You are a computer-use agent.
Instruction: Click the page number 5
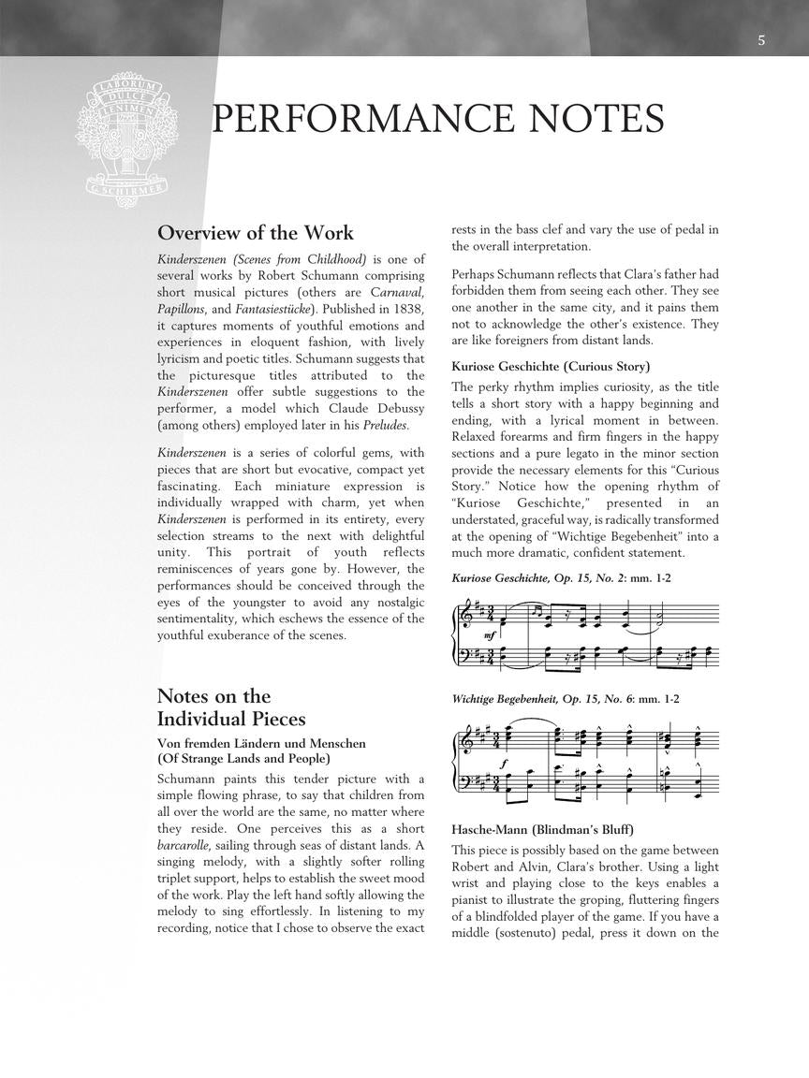(761, 40)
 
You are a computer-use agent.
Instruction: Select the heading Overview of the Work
(256, 233)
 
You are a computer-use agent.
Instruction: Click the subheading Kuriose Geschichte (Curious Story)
(551, 366)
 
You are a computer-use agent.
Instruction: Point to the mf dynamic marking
(489, 636)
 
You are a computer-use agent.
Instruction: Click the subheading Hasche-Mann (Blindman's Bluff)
(542, 830)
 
